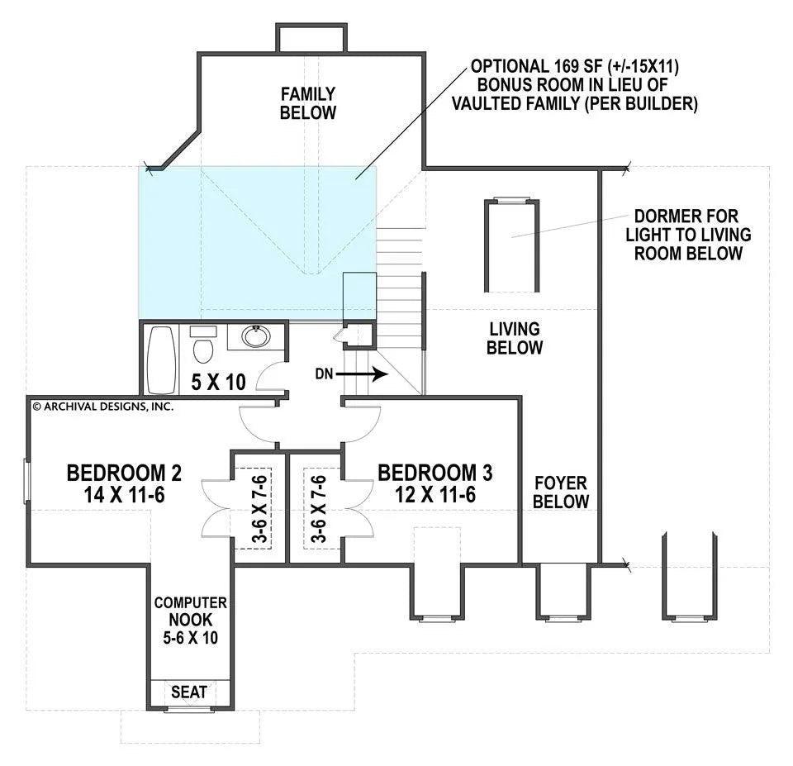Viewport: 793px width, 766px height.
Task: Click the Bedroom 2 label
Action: (124, 483)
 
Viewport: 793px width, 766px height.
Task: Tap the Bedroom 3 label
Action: (435, 483)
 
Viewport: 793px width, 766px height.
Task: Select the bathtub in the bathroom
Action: (161, 359)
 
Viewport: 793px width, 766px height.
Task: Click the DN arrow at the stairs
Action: (362, 374)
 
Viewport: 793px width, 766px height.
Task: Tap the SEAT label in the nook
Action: (188, 692)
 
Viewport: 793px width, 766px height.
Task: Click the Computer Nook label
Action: (190, 620)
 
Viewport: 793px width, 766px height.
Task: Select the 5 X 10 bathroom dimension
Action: (218, 382)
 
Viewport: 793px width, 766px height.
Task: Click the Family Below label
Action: (308, 103)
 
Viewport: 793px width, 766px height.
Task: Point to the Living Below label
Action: (515, 338)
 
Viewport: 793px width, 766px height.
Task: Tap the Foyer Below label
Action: (561, 492)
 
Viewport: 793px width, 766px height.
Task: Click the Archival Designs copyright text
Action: (102, 406)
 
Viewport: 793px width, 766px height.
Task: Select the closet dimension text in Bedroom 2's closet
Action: (260, 508)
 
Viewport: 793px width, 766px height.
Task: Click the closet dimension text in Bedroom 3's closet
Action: (319, 508)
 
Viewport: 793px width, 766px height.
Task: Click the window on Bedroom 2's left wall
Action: (26, 481)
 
